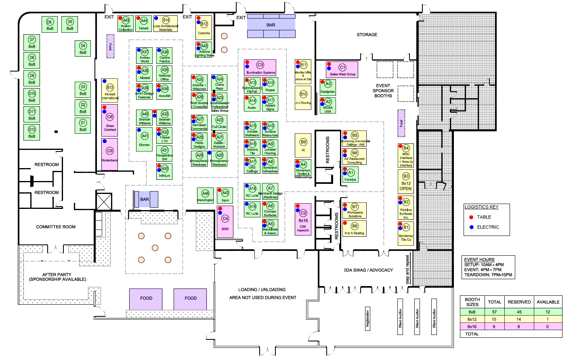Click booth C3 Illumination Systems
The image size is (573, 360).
[260, 68]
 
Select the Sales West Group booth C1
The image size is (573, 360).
[342, 69]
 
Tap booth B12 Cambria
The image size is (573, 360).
[204, 27]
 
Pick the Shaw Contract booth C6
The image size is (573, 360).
[110, 120]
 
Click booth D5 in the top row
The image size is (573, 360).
[70, 25]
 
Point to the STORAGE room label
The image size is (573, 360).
[367, 35]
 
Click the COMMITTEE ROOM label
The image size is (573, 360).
[56, 227]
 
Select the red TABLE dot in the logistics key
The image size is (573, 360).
[471, 217]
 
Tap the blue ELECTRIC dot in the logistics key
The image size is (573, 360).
[471, 227]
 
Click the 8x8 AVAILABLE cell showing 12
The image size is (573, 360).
[548, 312]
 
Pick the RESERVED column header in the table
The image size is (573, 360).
[519, 302]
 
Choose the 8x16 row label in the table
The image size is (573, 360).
[472, 326]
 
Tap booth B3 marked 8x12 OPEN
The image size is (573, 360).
[406, 181]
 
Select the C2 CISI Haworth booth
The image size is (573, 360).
[303, 221]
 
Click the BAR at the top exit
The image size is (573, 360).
[271, 25]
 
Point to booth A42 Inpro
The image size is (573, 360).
[225, 196]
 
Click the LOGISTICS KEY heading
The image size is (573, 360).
[481, 207]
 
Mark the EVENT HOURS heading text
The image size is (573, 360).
[479, 259]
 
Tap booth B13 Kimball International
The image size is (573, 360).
[110, 91]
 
